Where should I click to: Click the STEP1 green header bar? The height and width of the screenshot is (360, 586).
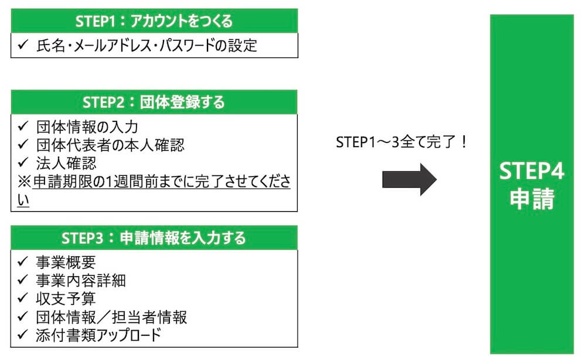(154, 21)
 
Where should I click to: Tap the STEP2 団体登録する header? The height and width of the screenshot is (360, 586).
(154, 102)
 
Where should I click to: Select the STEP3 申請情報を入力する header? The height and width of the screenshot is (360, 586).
(154, 238)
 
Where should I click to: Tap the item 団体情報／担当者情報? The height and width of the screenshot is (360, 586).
(111, 317)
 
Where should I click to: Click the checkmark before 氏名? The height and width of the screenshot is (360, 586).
(22, 45)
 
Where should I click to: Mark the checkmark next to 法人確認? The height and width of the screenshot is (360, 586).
(22, 162)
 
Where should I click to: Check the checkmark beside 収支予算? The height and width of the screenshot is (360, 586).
(22, 299)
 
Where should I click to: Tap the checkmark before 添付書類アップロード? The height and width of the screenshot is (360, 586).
(22, 335)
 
